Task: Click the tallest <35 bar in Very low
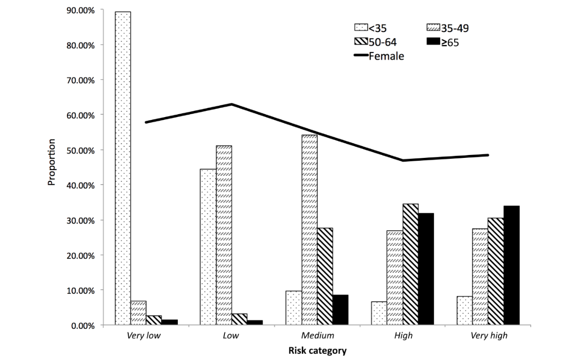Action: click(x=123, y=168)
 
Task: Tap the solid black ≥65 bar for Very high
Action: click(x=512, y=265)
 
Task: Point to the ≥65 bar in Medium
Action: click(x=341, y=310)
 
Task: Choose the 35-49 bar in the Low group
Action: click(x=224, y=235)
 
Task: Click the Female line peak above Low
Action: click(x=232, y=104)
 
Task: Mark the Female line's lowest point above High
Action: click(x=403, y=160)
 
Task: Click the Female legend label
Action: click(x=386, y=56)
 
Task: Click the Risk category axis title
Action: click(x=317, y=351)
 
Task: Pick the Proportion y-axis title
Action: click(x=51, y=163)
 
